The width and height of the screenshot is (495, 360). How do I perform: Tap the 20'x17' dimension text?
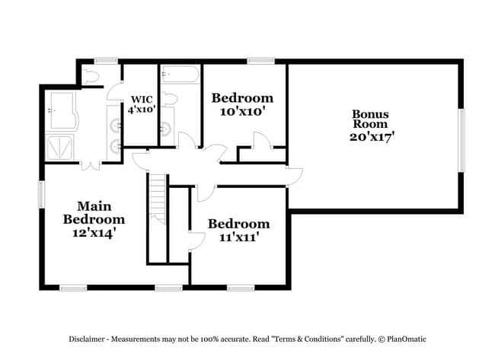tap(372, 137)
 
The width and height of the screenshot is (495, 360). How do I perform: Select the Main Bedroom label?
tap(94, 212)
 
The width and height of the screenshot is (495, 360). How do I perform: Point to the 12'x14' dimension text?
tap(94, 233)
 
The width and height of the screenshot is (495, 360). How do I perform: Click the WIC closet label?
tap(142, 99)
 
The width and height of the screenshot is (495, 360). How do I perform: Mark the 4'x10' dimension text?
tap(142, 110)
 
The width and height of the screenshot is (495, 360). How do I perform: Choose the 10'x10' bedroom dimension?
tap(241, 111)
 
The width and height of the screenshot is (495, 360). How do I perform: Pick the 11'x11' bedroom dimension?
tap(238, 237)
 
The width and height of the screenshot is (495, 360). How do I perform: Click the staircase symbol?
tap(156, 198)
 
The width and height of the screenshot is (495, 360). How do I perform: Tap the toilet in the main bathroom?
tap(91, 75)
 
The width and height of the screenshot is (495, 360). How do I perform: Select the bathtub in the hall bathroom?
tap(180, 76)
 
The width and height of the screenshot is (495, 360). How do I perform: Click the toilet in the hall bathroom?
tap(170, 98)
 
